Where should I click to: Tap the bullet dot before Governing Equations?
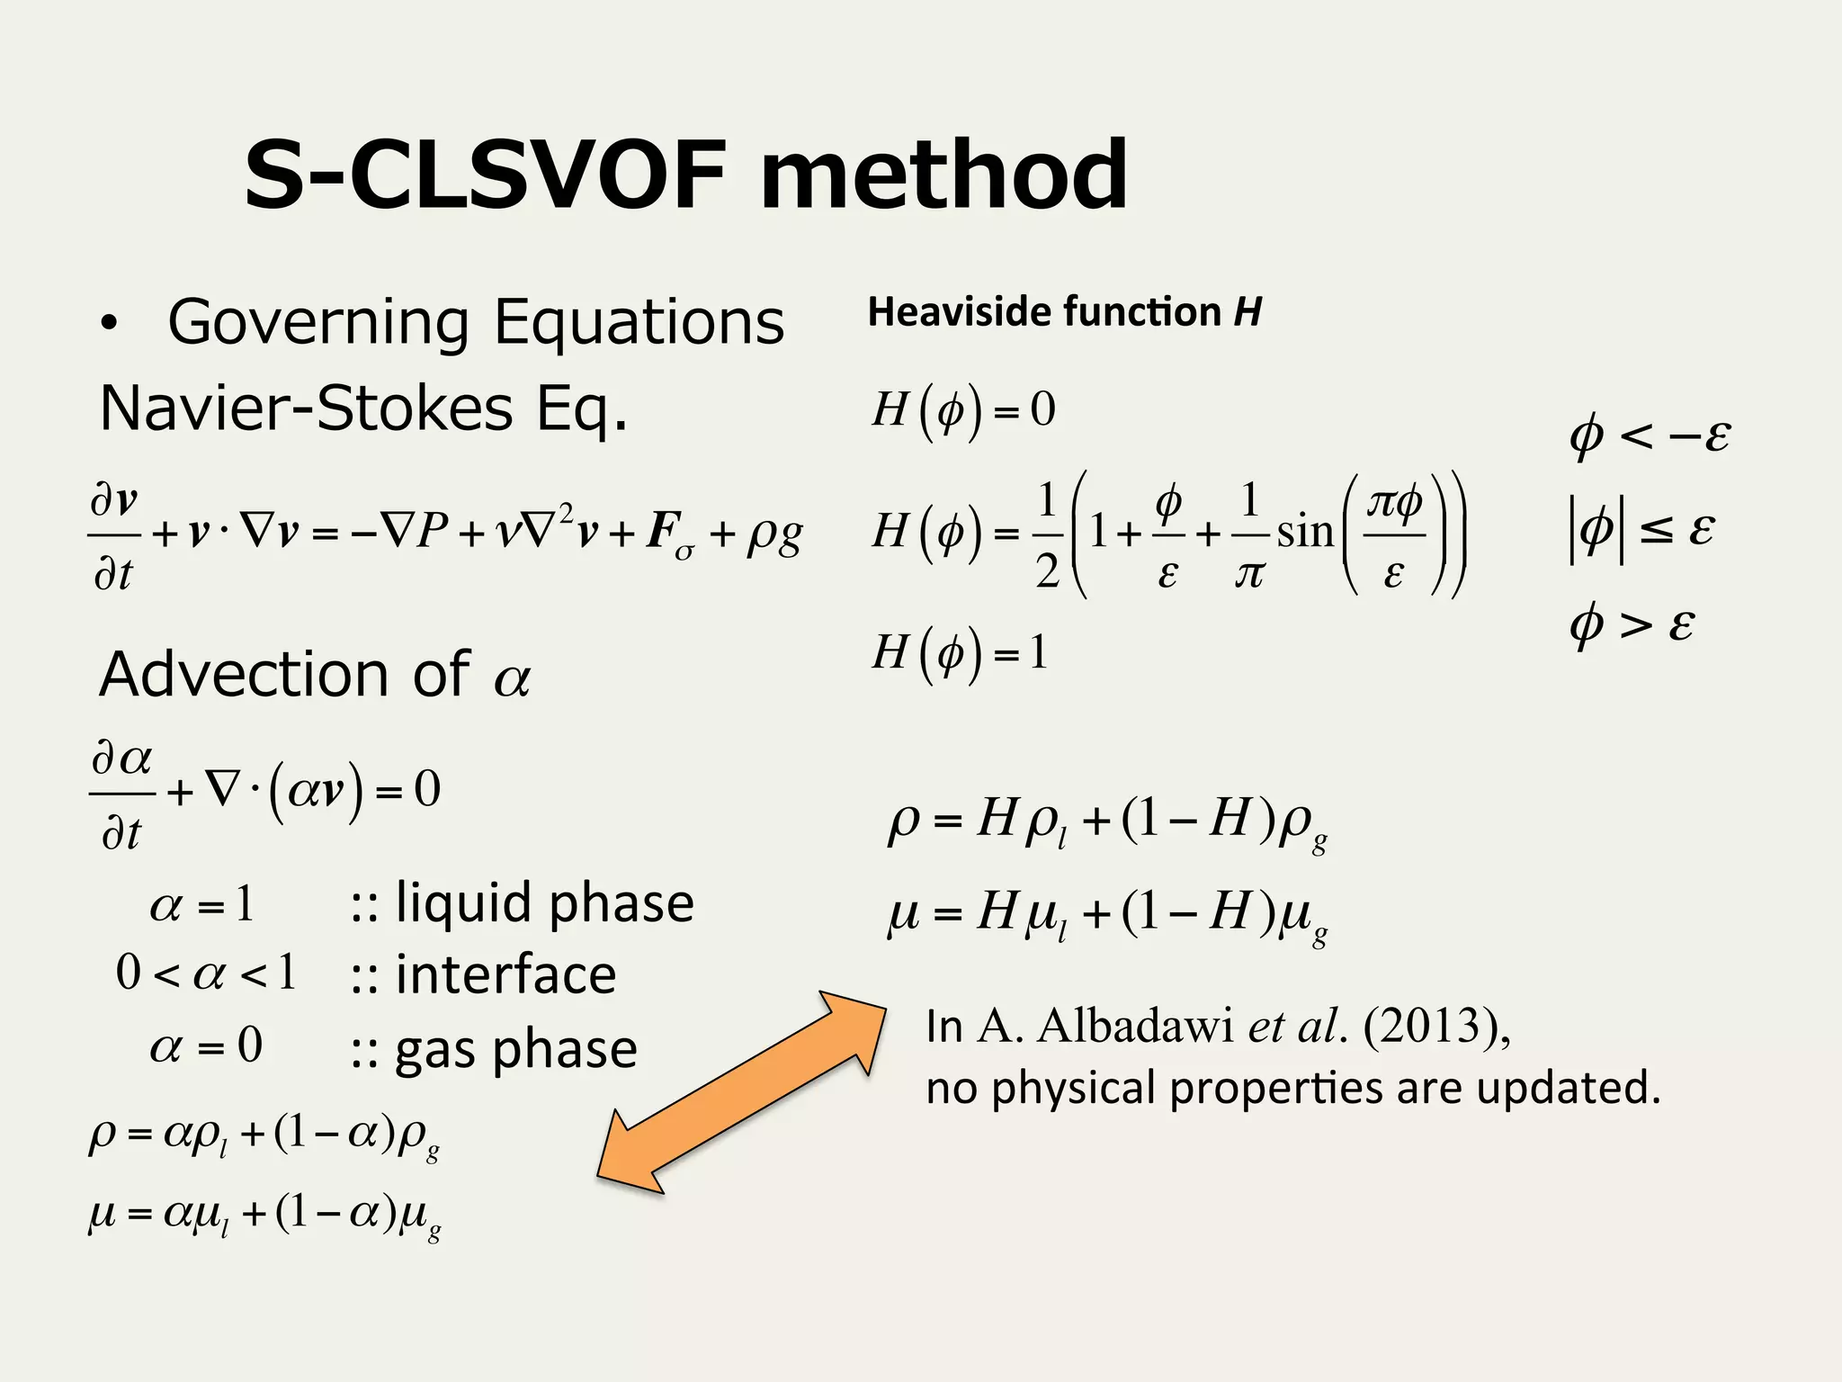coord(109,325)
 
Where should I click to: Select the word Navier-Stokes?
coord(306,409)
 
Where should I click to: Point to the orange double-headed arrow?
coord(741,1092)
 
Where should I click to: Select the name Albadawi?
coord(1136,1025)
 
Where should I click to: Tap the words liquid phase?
coord(545,903)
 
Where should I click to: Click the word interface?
coord(505,974)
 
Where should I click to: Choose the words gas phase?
coord(516,1049)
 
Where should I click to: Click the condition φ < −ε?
coord(1649,436)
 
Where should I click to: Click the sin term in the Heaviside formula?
coord(1304,532)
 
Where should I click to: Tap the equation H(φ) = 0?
coord(963,411)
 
